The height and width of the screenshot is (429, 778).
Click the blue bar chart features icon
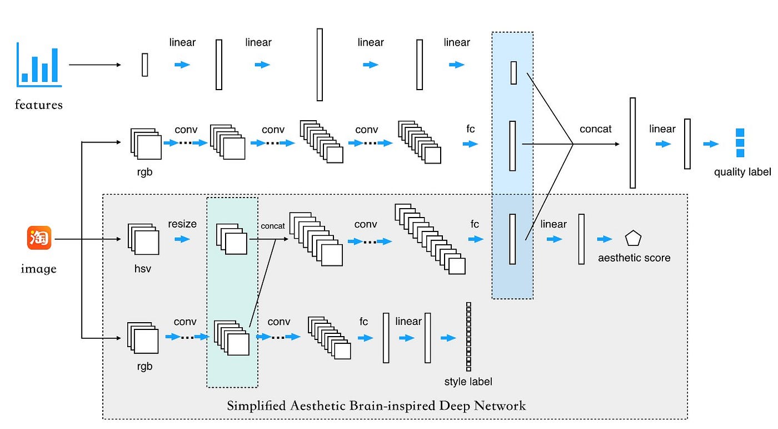click(x=39, y=65)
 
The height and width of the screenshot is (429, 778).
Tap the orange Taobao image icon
click(x=39, y=238)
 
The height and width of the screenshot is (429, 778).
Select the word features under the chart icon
click(x=38, y=105)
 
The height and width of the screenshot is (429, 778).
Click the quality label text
click(x=742, y=172)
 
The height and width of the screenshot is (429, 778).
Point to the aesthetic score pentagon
click(x=633, y=238)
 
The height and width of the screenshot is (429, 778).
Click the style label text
click(x=468, y=382)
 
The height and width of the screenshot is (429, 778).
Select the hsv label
click(x=143, y=269)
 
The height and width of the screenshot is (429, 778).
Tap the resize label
click(x=182, y=224)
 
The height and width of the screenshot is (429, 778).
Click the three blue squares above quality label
click(x=740, y=143)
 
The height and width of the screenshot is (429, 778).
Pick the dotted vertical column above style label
click(x=468, y=337)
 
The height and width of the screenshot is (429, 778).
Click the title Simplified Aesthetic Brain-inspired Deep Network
click(x=376, y=406)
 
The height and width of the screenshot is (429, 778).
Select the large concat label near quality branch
click(x=595, y=129)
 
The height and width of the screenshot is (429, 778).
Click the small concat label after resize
click(x=273, y=226)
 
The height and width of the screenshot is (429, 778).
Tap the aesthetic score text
click(x=634, y=258)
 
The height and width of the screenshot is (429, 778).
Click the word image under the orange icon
click(x=38, y=269)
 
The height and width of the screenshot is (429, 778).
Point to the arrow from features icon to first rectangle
click(x=95, y=65)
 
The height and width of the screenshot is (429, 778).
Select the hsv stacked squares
click(x=143, y=239)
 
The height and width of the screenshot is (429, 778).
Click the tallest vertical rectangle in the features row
click(x=320, y=65)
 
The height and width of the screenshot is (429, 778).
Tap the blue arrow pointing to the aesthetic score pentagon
click(x=605, y=239)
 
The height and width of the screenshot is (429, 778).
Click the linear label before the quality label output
click(x=662, y=129)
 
